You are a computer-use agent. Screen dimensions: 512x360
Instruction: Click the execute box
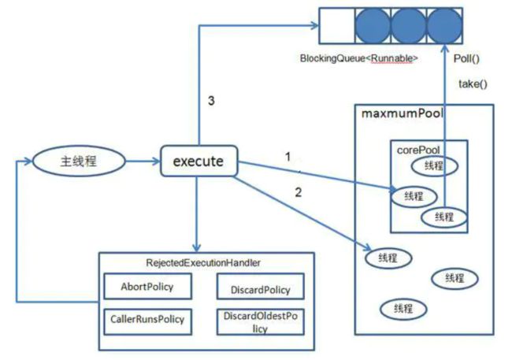coord(198,161)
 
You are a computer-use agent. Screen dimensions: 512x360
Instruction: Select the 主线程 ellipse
coord(79,161)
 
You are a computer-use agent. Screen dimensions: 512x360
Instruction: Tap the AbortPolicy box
coord(147,287)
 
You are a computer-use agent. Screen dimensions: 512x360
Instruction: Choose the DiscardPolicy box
coord(260,287)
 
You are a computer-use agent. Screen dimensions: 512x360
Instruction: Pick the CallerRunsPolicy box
coord(147,321)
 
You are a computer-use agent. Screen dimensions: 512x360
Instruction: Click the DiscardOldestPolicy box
coord(260,321)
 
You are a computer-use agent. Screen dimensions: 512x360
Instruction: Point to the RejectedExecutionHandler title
coord(203,262)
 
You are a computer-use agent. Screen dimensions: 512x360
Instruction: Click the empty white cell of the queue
coord(337,26)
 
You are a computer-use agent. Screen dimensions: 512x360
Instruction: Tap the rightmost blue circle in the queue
coord(444,26)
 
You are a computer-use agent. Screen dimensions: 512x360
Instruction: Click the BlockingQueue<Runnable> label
coord(359,58)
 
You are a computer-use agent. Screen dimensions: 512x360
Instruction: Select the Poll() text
coord(466,59)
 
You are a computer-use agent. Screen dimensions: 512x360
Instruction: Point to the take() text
coord(473,84)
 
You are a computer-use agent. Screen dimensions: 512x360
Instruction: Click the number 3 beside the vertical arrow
coord(211,101)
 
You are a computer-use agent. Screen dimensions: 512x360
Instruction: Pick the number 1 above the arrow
coord(288,157)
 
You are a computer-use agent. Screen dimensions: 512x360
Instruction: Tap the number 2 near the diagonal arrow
coord(298,192)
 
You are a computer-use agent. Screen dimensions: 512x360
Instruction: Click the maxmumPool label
coord(403,113)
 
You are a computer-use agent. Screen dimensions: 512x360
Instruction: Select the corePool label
coord(418,150)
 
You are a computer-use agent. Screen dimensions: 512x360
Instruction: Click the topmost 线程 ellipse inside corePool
coord(434,166)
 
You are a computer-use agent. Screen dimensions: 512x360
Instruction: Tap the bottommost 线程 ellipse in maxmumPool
coord(403,309)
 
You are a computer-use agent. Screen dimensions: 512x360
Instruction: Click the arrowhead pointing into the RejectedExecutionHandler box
coord(196,247)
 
